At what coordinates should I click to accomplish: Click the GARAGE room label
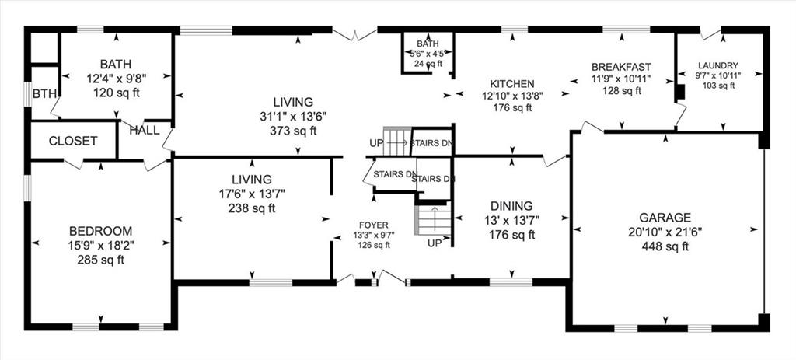click(667, 218)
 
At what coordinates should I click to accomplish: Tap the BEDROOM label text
click(100, 231)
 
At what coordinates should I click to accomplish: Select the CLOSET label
click(73, 141)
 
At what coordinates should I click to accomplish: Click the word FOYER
click(372, 225)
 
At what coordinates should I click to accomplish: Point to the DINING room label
click(511, 206)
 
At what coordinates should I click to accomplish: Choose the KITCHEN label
click(511, 84)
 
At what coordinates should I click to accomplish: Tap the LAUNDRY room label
click(717, 66)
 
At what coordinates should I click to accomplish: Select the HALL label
click(145, 130)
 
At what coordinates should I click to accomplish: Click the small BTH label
click(44, 94)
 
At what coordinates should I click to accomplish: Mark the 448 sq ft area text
click(667, 246)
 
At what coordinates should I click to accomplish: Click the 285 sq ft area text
click(100, 260)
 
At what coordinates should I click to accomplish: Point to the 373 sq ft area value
click(293, 131)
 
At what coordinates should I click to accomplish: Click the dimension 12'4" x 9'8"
click(115, 78)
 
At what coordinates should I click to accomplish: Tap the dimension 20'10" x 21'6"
click(667, 232)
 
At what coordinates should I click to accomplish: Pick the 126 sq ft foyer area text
click(372, 246)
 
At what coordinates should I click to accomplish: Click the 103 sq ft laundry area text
click(717, 86)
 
